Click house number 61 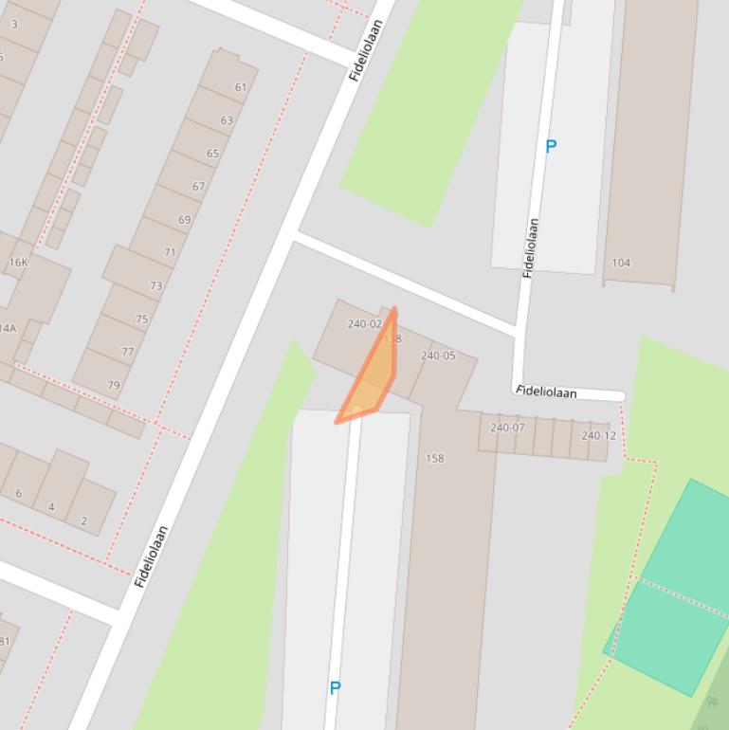pyautogui.click(x=241, y=87)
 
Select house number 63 pyautogui.click(x=227, y=120)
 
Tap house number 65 pyautogui.click(x=212, y=154)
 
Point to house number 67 pyautogui.click(x=198, y=187)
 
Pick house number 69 pyautogui.click(x=184, y=220)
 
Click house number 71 pyautogui.click(x=170, y=253)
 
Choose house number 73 pyautogui.click(x=155, y=285)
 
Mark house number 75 pyautogui.click(x=141, y=319)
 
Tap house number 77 pyautogui.click(x=128, y=352)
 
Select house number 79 pyautogui.click(x=114, y=385)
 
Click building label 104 pyautogui.click(x=621, y=263)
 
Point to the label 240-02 pyautogui.click(x=364, y=324)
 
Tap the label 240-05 pyautogui.click(x=438, y=356)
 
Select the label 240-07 pyautogui.click(x=507, y=428)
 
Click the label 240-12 pyautogui.click(x=598, y=436)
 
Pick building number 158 pyautogui.click(x=434, y=459)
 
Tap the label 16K pyautogui.click(x=18, y=263)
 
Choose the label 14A pyautogui.click(x=8, y=329)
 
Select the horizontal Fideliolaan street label pyautogui.click(x=547, y=392)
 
